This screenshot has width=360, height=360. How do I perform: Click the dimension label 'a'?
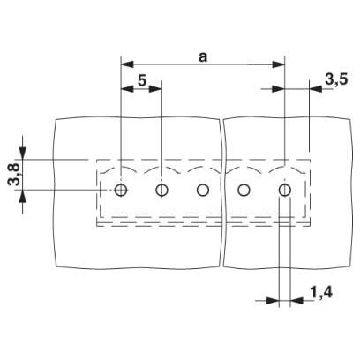[x=203, y=57]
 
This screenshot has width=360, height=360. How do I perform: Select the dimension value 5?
[x=142, y=80]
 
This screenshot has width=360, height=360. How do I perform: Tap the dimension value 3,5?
[x=336, y=79]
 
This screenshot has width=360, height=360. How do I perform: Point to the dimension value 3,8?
[x=14, y=175]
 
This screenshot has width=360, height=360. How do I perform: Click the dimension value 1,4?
[x=321, y=293]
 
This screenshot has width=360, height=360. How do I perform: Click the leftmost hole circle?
[x=121, y=190]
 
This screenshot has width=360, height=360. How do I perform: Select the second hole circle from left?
[x=161, y=190]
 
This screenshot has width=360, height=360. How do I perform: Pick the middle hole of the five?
[x=203, y=190]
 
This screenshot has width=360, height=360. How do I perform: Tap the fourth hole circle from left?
[x=244, y=190]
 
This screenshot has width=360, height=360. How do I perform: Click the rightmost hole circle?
[x=285, y=190]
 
